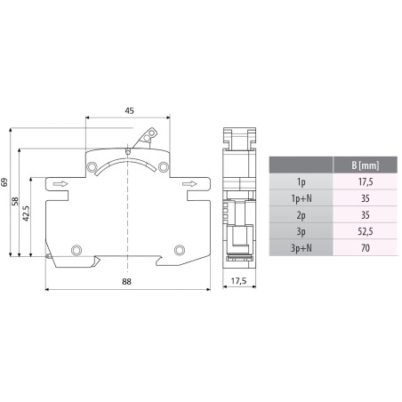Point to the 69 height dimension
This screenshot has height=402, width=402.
(x=5, y=182)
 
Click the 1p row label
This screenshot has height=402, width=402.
(x=300, y=181)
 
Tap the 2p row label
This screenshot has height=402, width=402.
(x=300, y=214)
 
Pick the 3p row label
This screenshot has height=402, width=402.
(x=300, y=231)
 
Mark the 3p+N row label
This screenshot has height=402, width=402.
(x=300, y=248)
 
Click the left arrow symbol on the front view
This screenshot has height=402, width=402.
(x=60, y=185)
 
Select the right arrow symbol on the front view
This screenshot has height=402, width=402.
(x=189, y=185)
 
